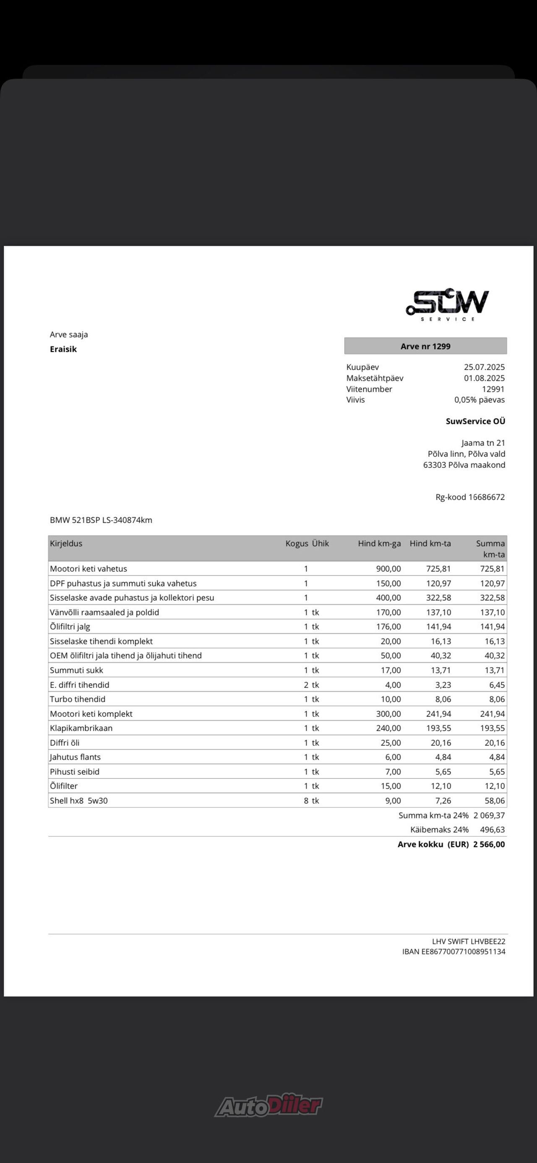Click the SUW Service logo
[x=447, y=304]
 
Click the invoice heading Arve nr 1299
[x=425, y=346]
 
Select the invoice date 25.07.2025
[x=484, y=367]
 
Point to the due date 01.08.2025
[x=484, y=378]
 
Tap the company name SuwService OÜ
[x=475, y=421]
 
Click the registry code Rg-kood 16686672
[x=470, y=497]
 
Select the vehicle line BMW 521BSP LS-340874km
[x=101, y=520]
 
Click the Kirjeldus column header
[x=66, y=544]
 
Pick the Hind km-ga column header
[x=379, y=544]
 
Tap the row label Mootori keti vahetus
[x=89, y=569]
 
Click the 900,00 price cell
[x=388, y=569]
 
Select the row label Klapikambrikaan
[x=81, y=728]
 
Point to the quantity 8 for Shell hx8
[x=306, y=801]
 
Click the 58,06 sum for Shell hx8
[x=495, y=801]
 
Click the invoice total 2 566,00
[x=489, y=844]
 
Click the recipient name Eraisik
[x=63, y=349]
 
